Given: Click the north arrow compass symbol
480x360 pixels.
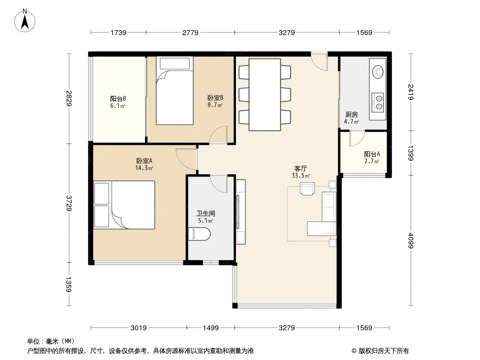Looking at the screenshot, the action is point(24,20).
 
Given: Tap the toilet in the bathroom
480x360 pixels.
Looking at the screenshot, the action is point(199,234).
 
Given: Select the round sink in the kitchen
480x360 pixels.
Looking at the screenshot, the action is point(378,72).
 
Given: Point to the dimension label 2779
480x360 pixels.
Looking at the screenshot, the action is point(190,33).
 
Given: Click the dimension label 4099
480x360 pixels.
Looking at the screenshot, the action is point(411,241).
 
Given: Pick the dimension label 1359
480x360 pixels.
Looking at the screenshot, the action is point(68,284).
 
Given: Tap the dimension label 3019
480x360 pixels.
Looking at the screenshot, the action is point(139,328).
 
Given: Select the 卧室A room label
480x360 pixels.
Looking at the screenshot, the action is point(144,161).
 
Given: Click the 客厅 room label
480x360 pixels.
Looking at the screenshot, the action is point(301,169).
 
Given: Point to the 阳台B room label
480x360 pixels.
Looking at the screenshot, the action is point(118,99).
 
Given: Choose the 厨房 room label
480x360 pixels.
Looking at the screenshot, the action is point(351,115).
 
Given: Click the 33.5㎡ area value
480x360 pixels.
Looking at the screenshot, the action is point(301,175).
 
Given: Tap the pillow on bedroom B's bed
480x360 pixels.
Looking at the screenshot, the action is point(175,63).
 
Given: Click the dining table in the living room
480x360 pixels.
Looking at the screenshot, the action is point(265,95).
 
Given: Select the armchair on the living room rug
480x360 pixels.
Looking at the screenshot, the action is point(307,189).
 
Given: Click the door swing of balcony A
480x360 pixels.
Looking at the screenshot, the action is point(357,138).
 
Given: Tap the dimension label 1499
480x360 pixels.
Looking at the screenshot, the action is point(211,328).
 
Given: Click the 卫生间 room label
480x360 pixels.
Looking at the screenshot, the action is point(205,213).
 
